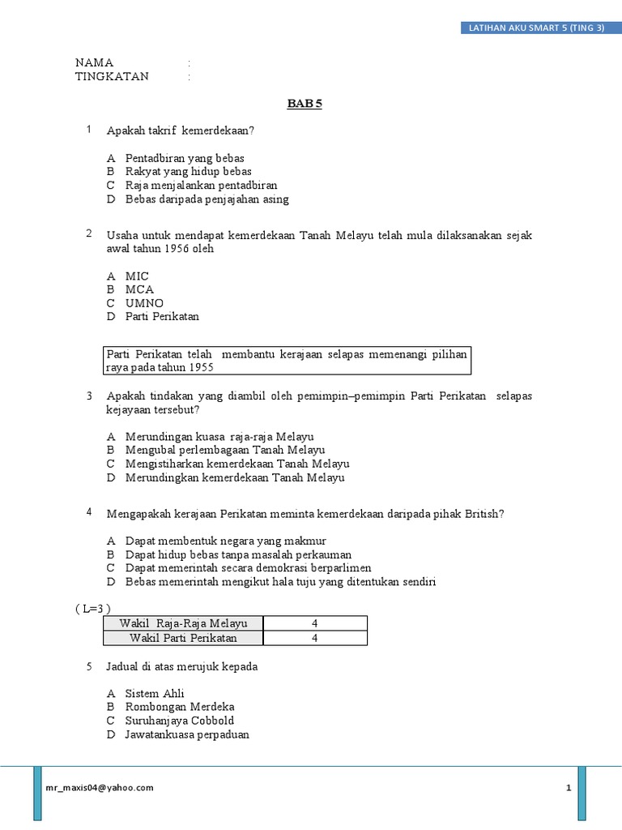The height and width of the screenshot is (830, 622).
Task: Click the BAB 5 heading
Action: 305,104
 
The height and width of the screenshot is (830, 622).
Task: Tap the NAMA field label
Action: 95,62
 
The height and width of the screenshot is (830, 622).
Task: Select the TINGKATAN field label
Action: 112,76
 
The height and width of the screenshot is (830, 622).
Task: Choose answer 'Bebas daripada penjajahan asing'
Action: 207,199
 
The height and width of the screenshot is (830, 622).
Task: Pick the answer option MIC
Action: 137,276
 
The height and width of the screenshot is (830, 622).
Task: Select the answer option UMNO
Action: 144,303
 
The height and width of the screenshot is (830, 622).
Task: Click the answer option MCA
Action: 139,289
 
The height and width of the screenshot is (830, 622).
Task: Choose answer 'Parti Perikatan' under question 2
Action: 162,316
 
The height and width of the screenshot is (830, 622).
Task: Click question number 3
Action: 89,396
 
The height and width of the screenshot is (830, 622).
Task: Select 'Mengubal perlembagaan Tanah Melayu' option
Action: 224,450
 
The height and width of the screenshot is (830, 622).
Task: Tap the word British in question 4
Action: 484,514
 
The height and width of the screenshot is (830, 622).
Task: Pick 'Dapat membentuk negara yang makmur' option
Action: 226,541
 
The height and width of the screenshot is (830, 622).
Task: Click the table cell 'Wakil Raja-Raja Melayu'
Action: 184,623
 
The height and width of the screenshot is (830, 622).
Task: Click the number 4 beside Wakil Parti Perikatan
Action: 316,638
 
